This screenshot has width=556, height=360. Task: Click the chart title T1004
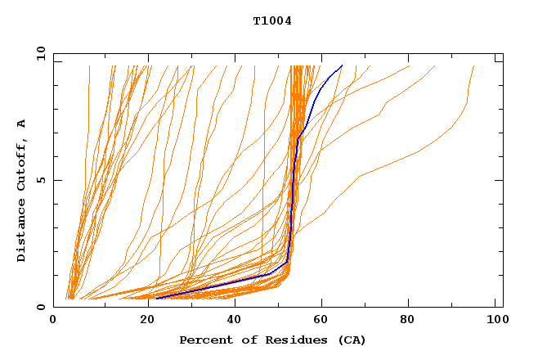click(272, 21)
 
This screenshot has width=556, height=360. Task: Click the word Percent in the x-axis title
click(204, 340)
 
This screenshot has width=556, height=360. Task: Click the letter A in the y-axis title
click(22, 124)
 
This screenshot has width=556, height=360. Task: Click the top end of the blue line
click(342, 65)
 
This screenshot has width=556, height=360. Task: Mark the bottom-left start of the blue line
click(156, 298)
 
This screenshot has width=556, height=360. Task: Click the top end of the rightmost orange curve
click(473, 66)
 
